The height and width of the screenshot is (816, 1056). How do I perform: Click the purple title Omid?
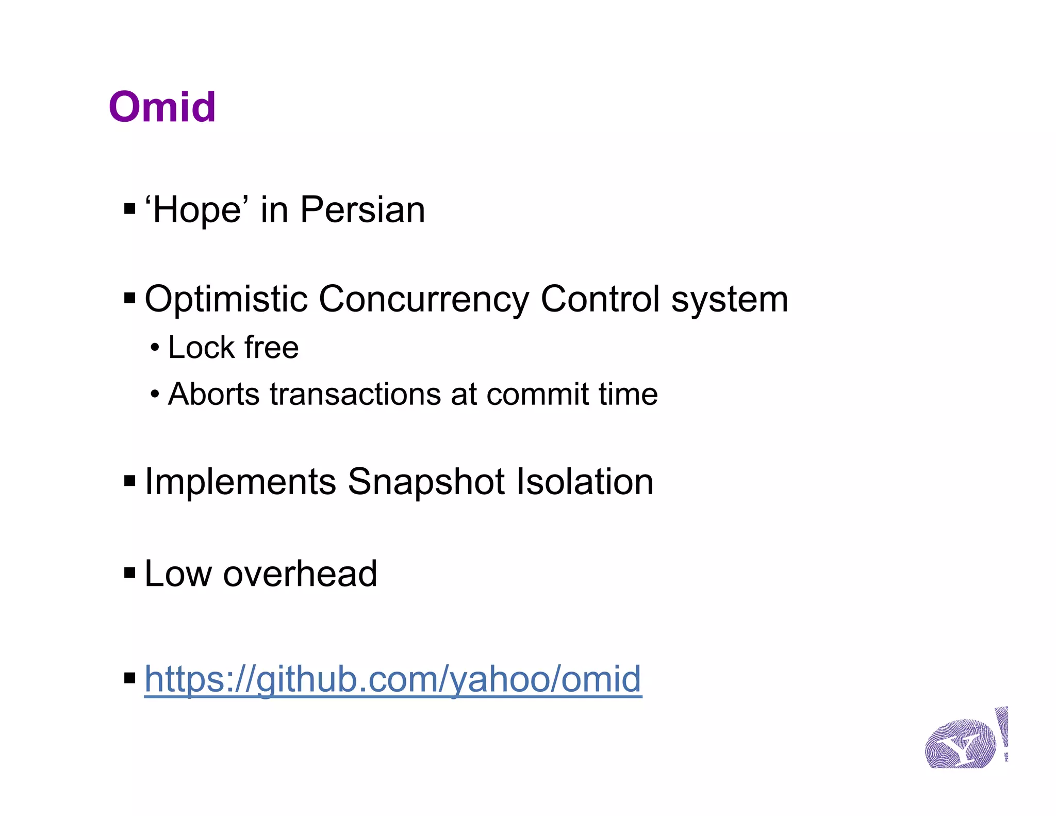162,107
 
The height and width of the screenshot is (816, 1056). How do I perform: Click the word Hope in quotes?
196,210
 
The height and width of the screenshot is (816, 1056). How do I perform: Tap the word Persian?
362,210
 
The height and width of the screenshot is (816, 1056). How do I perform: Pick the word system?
730,300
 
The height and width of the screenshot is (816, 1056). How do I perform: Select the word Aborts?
213,394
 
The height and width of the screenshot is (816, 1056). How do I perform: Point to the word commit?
537,394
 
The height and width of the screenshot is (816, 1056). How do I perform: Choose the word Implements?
240,482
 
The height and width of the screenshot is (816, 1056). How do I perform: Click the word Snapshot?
426,482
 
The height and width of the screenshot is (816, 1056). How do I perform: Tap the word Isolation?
585,481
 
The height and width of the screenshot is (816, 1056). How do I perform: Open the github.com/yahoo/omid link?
393,679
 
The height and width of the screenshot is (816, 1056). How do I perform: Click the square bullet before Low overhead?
130,573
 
